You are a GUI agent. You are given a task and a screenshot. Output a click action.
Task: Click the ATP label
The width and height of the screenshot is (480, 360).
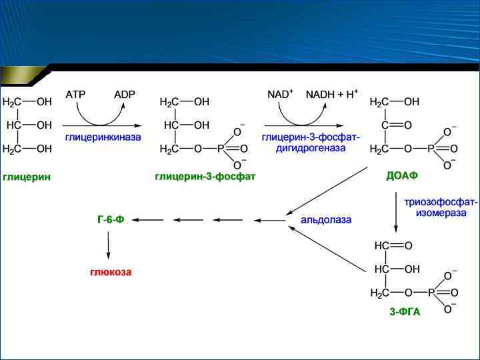tap(75, 95)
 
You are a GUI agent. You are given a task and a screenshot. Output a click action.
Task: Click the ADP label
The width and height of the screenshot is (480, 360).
tap(124, 95)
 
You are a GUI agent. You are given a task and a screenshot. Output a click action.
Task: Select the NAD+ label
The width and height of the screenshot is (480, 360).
tap(280, 95)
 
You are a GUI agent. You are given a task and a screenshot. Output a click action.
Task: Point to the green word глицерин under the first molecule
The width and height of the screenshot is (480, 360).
tap(27, 177)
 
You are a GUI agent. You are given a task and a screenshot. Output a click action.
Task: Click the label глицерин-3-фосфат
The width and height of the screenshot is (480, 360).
tap(205, 177)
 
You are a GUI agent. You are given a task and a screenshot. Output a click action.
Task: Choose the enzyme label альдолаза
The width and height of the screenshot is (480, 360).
tap(326, 219)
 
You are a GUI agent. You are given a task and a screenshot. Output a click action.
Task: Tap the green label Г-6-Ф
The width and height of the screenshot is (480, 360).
tap(110, 219)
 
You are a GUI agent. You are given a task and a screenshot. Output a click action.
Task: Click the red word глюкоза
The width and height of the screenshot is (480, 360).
tap(111, 272)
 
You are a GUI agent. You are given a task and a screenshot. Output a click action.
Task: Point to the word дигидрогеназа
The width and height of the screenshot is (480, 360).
tap(311, 148)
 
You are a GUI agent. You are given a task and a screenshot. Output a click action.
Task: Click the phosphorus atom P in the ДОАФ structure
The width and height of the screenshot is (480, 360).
tap(431, 149)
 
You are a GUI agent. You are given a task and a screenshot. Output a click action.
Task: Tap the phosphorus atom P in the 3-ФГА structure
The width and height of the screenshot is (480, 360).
tap(431, 293)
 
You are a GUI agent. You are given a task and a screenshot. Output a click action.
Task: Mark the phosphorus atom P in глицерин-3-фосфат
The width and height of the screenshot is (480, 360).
tap(221, 149)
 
